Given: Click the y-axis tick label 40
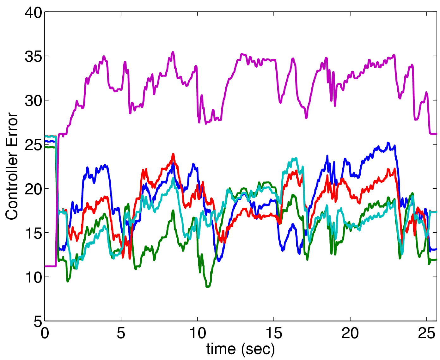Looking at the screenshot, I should [33, 13].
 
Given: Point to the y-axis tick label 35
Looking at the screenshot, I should [33, 57].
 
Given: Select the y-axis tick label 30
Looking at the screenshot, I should [33, 101].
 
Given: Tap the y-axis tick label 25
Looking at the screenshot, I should [33, 145].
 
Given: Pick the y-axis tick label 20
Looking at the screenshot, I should [33, 190].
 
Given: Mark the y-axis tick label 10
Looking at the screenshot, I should [33, 278].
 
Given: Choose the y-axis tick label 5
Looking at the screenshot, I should [38, 322].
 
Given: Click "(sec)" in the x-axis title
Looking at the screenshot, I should [258, 349].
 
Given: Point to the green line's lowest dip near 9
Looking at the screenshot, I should [208, 286].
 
